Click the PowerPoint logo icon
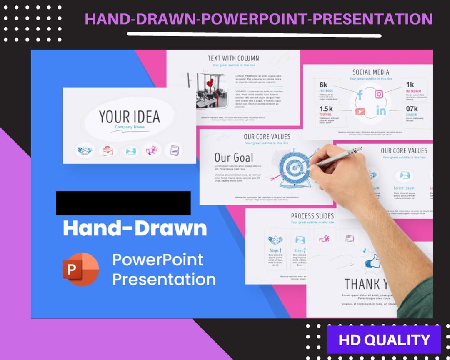[80, 269]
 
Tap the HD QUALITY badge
[384, 340]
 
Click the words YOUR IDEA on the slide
[129, 117]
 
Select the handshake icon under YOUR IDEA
[85, 150]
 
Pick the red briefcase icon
[107, 150]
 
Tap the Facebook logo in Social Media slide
[360, 95]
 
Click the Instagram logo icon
[379, 94]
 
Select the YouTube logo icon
[360, 111]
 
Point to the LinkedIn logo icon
[381, 111]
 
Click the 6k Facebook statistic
[324, 85]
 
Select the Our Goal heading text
[233, 157]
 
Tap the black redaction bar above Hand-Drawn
[123, 203]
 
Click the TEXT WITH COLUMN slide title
[233, 58]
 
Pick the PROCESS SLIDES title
[312, 216]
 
